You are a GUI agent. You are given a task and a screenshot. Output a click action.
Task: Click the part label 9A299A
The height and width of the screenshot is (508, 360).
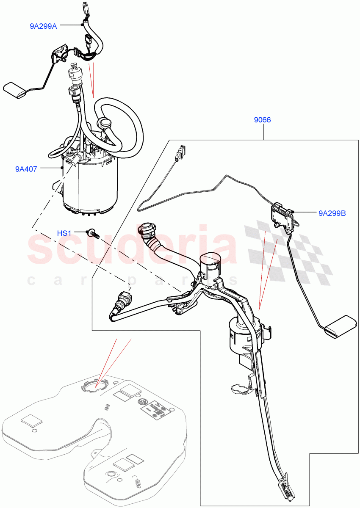[43, 26]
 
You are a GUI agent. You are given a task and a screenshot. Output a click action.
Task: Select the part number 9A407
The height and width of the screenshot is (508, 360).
[26, 169]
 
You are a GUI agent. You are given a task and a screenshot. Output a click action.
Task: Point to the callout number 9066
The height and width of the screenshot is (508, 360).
[262, 120]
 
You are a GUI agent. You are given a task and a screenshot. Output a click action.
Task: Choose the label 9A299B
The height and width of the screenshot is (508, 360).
[332, 213]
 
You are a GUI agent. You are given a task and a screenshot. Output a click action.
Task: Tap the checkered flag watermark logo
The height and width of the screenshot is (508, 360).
[288, 250]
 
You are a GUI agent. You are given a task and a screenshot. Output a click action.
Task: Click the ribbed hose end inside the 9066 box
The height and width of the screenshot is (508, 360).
[146, 232]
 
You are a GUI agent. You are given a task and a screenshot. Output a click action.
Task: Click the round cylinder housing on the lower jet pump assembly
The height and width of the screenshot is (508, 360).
[239, 334]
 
